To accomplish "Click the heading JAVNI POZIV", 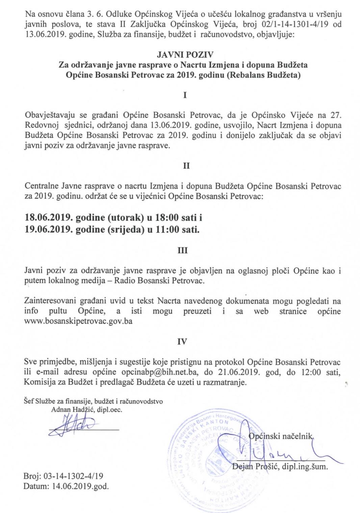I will click(x=185, y=54).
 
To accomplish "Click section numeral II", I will click(x=186, y=166).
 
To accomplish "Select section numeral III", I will click(x=183, y=250).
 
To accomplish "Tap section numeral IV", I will click(x=182, y=342).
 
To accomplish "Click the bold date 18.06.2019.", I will click(x=48, y=217).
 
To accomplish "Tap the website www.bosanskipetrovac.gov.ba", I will click(x=78, y=321).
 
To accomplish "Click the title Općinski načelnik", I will click(x=281, y=436).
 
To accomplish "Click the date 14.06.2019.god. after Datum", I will click(x=80, y=486).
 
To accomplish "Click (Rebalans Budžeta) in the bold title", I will click(x=263, y=75).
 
